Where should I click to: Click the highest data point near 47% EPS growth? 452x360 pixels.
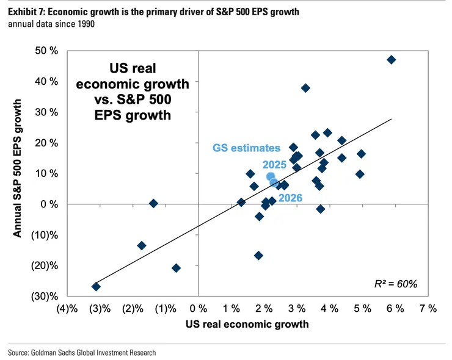(391, 60)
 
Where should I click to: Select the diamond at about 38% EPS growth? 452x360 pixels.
(305, 88)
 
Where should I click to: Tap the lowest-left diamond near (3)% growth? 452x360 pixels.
(96, 286)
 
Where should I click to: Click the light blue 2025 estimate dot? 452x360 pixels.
(271, 177)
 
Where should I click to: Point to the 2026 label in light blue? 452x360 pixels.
(290, 196)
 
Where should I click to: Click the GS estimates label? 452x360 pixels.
(246, 147)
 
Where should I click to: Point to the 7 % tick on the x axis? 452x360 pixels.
(428, 309)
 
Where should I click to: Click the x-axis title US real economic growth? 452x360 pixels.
(247, 325)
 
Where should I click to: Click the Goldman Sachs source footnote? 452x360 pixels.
(82, 352)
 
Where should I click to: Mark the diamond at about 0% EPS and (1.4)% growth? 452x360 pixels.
(153, 203)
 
